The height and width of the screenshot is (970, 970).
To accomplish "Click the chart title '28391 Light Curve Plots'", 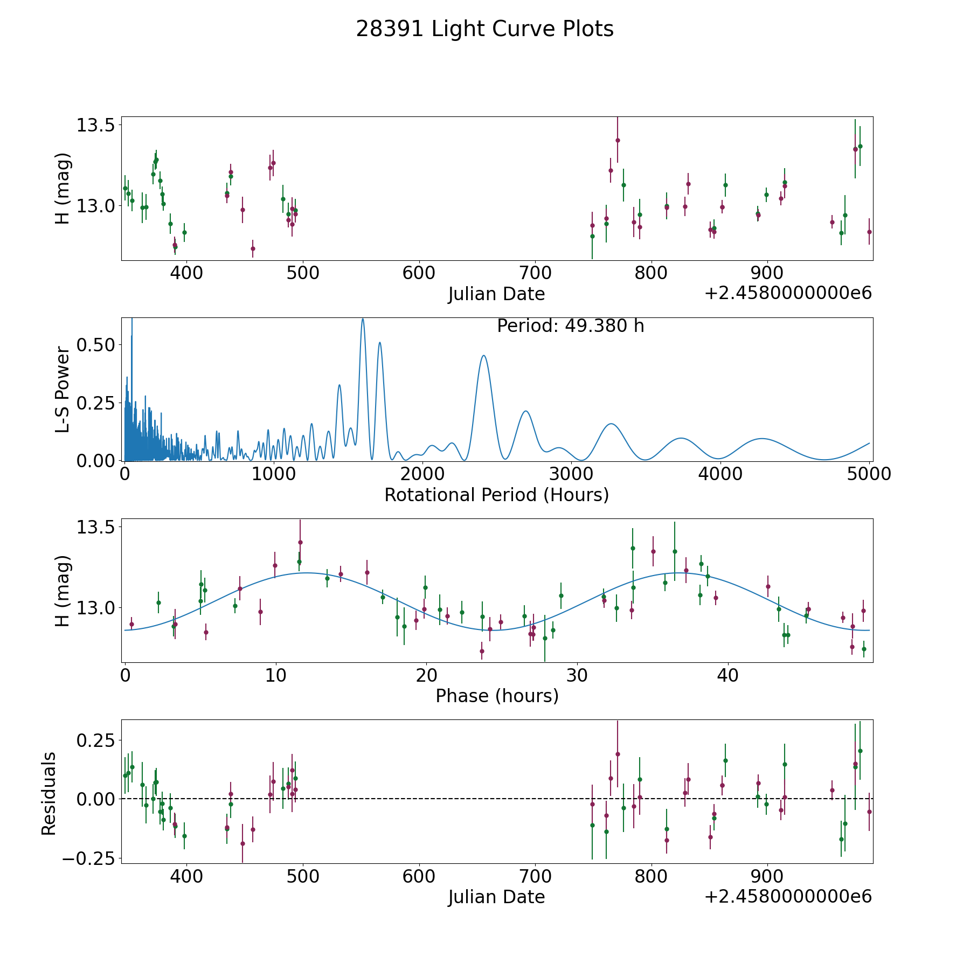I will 484,29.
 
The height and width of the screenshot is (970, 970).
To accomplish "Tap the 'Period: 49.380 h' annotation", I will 570,326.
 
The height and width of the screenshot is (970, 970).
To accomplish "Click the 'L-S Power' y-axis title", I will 63,390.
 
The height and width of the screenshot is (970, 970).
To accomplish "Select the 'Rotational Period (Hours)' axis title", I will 496,495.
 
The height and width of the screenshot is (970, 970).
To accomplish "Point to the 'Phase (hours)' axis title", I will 497,696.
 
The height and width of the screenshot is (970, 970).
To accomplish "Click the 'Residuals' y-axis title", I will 49,794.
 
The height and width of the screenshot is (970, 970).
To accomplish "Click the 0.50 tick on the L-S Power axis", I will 95,344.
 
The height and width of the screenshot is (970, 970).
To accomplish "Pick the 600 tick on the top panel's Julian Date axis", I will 419,273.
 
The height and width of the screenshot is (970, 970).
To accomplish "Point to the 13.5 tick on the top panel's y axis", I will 95,125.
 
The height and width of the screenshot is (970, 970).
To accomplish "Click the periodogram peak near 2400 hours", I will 483,356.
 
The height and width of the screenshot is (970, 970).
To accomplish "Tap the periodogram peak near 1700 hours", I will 380,343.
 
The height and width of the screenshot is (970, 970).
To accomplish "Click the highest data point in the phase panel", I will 300,542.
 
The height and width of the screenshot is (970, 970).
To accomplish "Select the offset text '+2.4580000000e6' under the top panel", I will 788,293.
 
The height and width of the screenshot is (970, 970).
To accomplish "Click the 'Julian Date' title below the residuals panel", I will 496,897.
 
